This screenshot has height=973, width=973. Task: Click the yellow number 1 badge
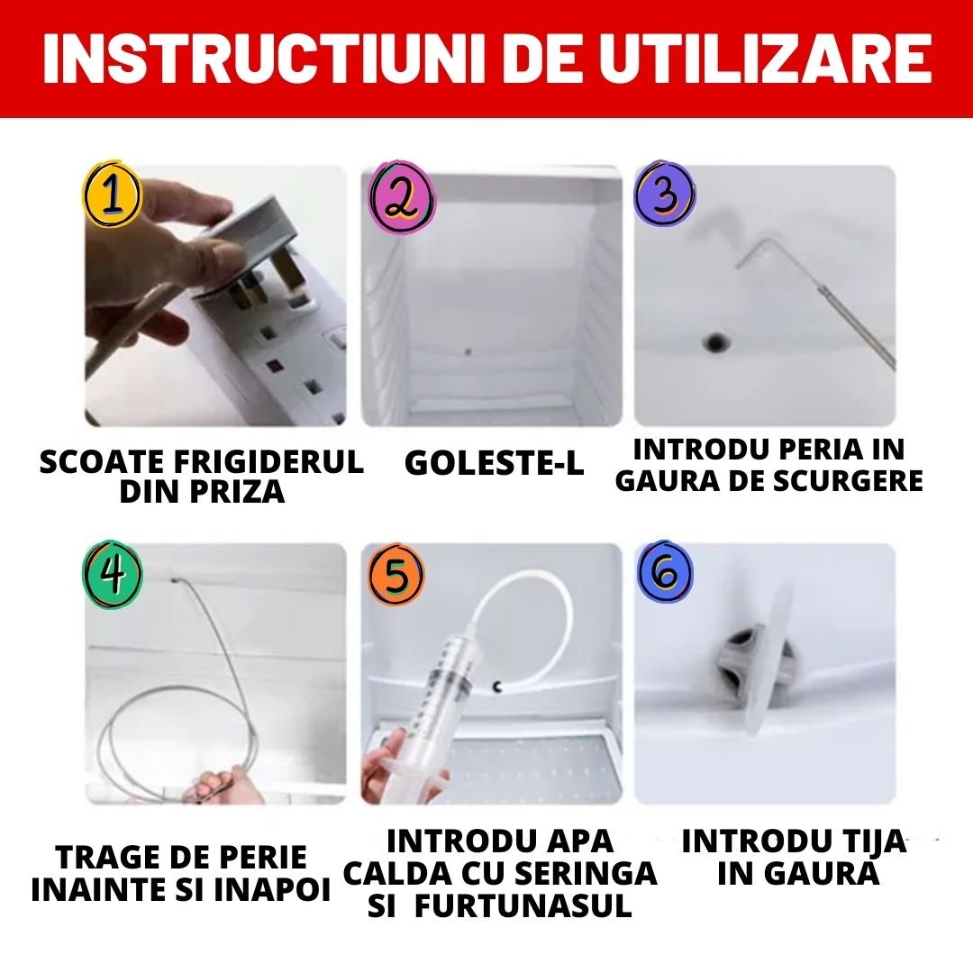click(x=112, y=196)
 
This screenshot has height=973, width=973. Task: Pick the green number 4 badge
click(x=112, y=574)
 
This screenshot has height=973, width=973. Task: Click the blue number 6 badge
click(x=665, y=573)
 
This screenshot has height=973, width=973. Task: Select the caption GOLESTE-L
click(x=494, y=463)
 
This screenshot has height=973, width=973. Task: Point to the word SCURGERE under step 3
click(x=848, y=480)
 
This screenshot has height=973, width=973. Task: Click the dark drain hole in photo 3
click(x=717, y=341)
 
